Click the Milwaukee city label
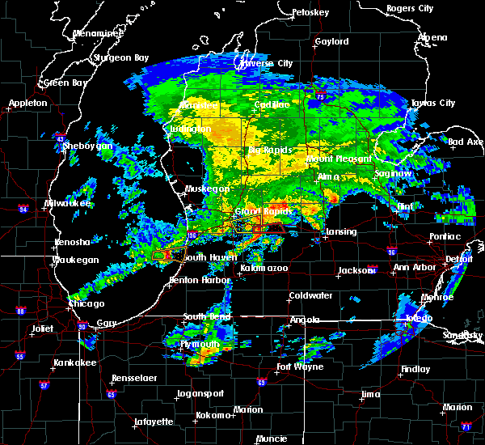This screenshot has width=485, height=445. pos(68,203)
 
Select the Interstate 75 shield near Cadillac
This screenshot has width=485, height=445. pos(322,98)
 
